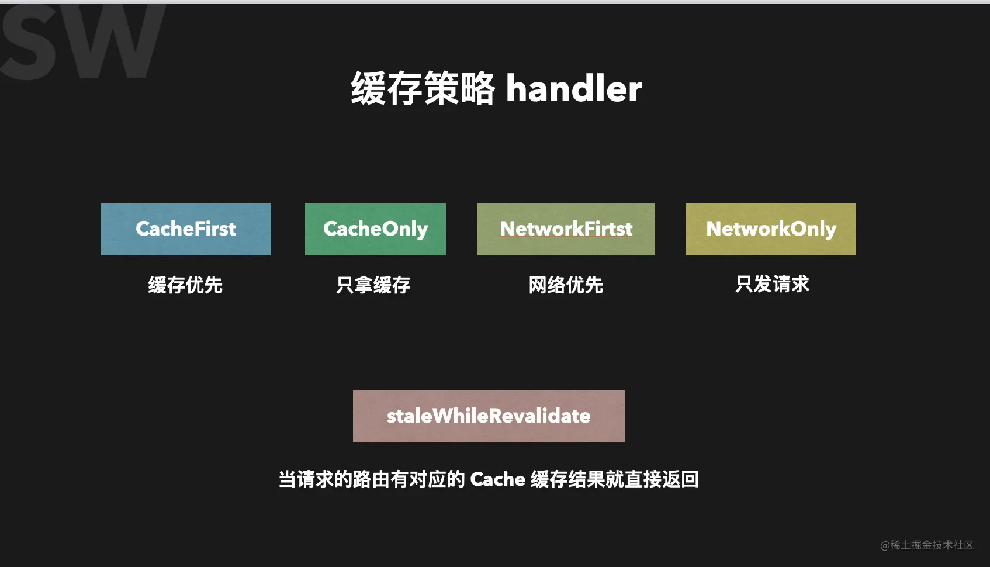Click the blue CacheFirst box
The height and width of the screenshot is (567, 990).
click(186, 229)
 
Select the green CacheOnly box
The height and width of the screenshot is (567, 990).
click(375, 229)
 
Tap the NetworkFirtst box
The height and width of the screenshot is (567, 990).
click(566, 229)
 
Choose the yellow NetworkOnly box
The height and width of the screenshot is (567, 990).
click(771, 229)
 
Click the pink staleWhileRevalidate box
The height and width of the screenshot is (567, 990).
click(489, 416)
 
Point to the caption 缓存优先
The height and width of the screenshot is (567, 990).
click(185, 285)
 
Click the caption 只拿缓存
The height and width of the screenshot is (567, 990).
click(373, 285)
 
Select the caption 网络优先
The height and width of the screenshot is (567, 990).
click(566, 285)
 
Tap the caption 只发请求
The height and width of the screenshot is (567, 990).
click(772, 284)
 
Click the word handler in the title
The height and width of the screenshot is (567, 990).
click(574, 89)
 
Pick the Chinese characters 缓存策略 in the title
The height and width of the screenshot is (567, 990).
click(423, 89)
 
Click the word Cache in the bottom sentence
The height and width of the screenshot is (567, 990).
click(498, 479)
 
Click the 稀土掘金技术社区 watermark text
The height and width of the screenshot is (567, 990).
click(932, 545)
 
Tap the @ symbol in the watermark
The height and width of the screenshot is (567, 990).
click(885, 546)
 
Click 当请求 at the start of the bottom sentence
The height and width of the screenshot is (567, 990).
click(306, 479)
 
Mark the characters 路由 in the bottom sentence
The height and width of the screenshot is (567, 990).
click(371, 479)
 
